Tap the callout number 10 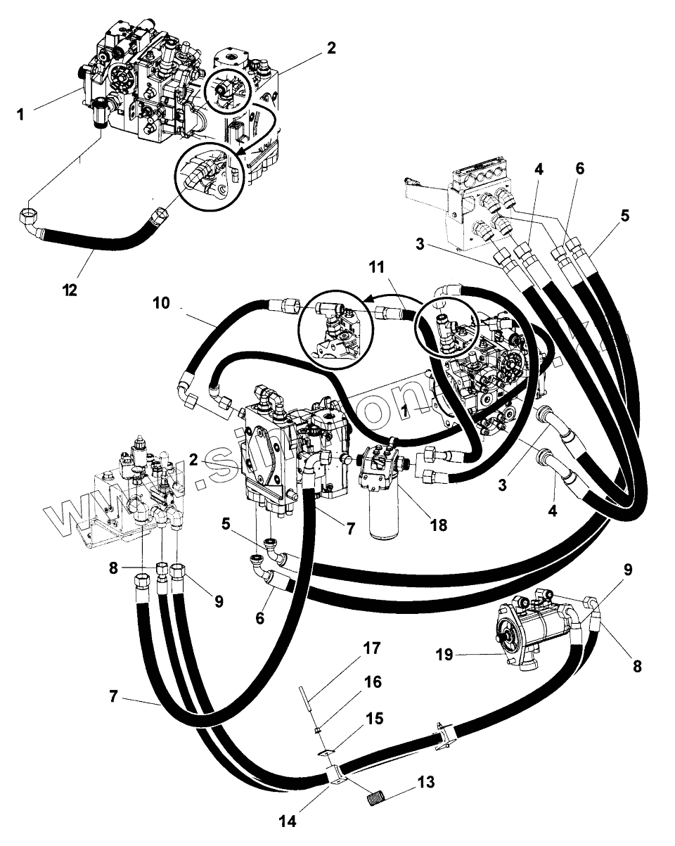[x=162, y=304]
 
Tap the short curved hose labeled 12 [x=98, y=239]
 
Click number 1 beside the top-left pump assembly [x=20, y=113]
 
